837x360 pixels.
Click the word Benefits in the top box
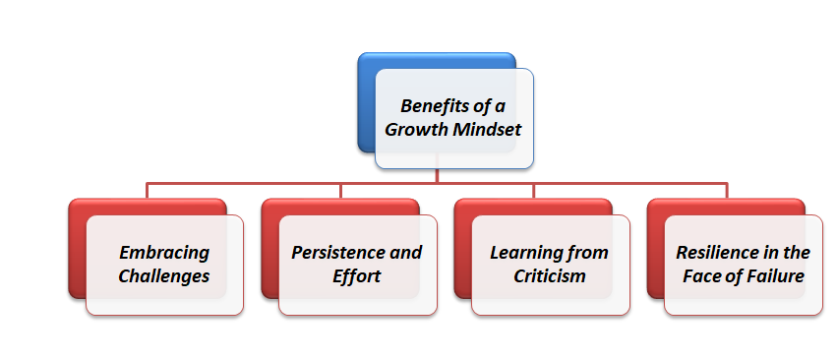[x=432, y=106]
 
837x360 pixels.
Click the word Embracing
[x=164, y=253]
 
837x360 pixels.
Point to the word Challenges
[x=164, y=275]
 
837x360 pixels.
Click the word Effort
[x=356, y=275]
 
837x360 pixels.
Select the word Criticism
[x=550, y=275]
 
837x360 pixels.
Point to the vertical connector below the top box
[x=437, y=175]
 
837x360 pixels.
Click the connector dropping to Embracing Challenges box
[x=148, y=191]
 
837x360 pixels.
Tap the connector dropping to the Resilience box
[x=726, y=191]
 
